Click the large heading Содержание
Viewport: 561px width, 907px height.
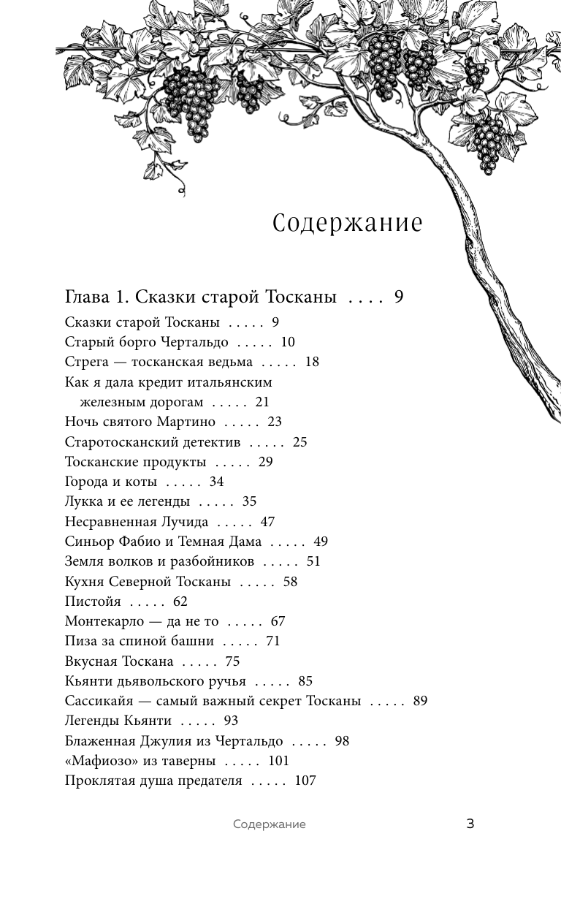[x=348, y=223]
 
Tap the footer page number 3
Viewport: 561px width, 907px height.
[x=470, y=824]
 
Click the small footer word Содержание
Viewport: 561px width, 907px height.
[x=270, y=824]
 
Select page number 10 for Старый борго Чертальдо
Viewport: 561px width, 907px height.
[x=288, y=342]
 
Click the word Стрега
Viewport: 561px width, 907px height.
[x=86, y=362]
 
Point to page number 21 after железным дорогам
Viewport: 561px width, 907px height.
[x=262, y=402]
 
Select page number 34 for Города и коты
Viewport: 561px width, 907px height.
[x=216, y=482]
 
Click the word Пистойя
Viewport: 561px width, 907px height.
[x=93, y=601]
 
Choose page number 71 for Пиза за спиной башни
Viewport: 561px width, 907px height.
[x=273, y=641]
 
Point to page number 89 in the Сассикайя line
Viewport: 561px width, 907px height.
[x=420, y=701]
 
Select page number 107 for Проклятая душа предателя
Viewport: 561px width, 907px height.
[x=305, y=781]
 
